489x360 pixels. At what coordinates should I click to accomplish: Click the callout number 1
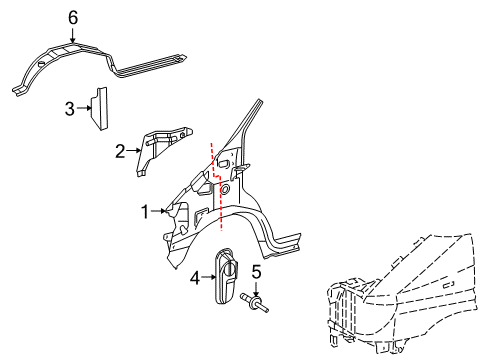coord(145,211)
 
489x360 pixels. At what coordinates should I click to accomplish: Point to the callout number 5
coord(255,270)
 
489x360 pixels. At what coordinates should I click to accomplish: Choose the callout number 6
coord(71,17)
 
